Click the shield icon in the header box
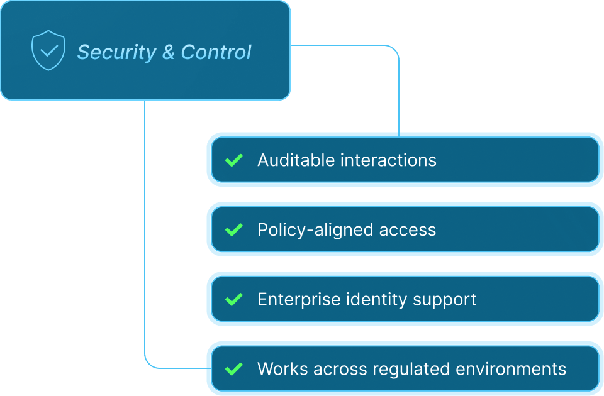(48, 50)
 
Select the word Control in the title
(216, 52)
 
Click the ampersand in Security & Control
(169, 52)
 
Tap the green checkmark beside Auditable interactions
(234, 160)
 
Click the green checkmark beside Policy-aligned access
(234, 230)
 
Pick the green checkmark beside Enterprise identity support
(234, 299)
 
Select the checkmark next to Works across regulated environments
(234, 369)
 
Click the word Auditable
(296, 160)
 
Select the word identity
(377, 299)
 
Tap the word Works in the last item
(279, 369)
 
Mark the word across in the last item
(330, 369)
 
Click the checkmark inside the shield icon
(48, 50)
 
